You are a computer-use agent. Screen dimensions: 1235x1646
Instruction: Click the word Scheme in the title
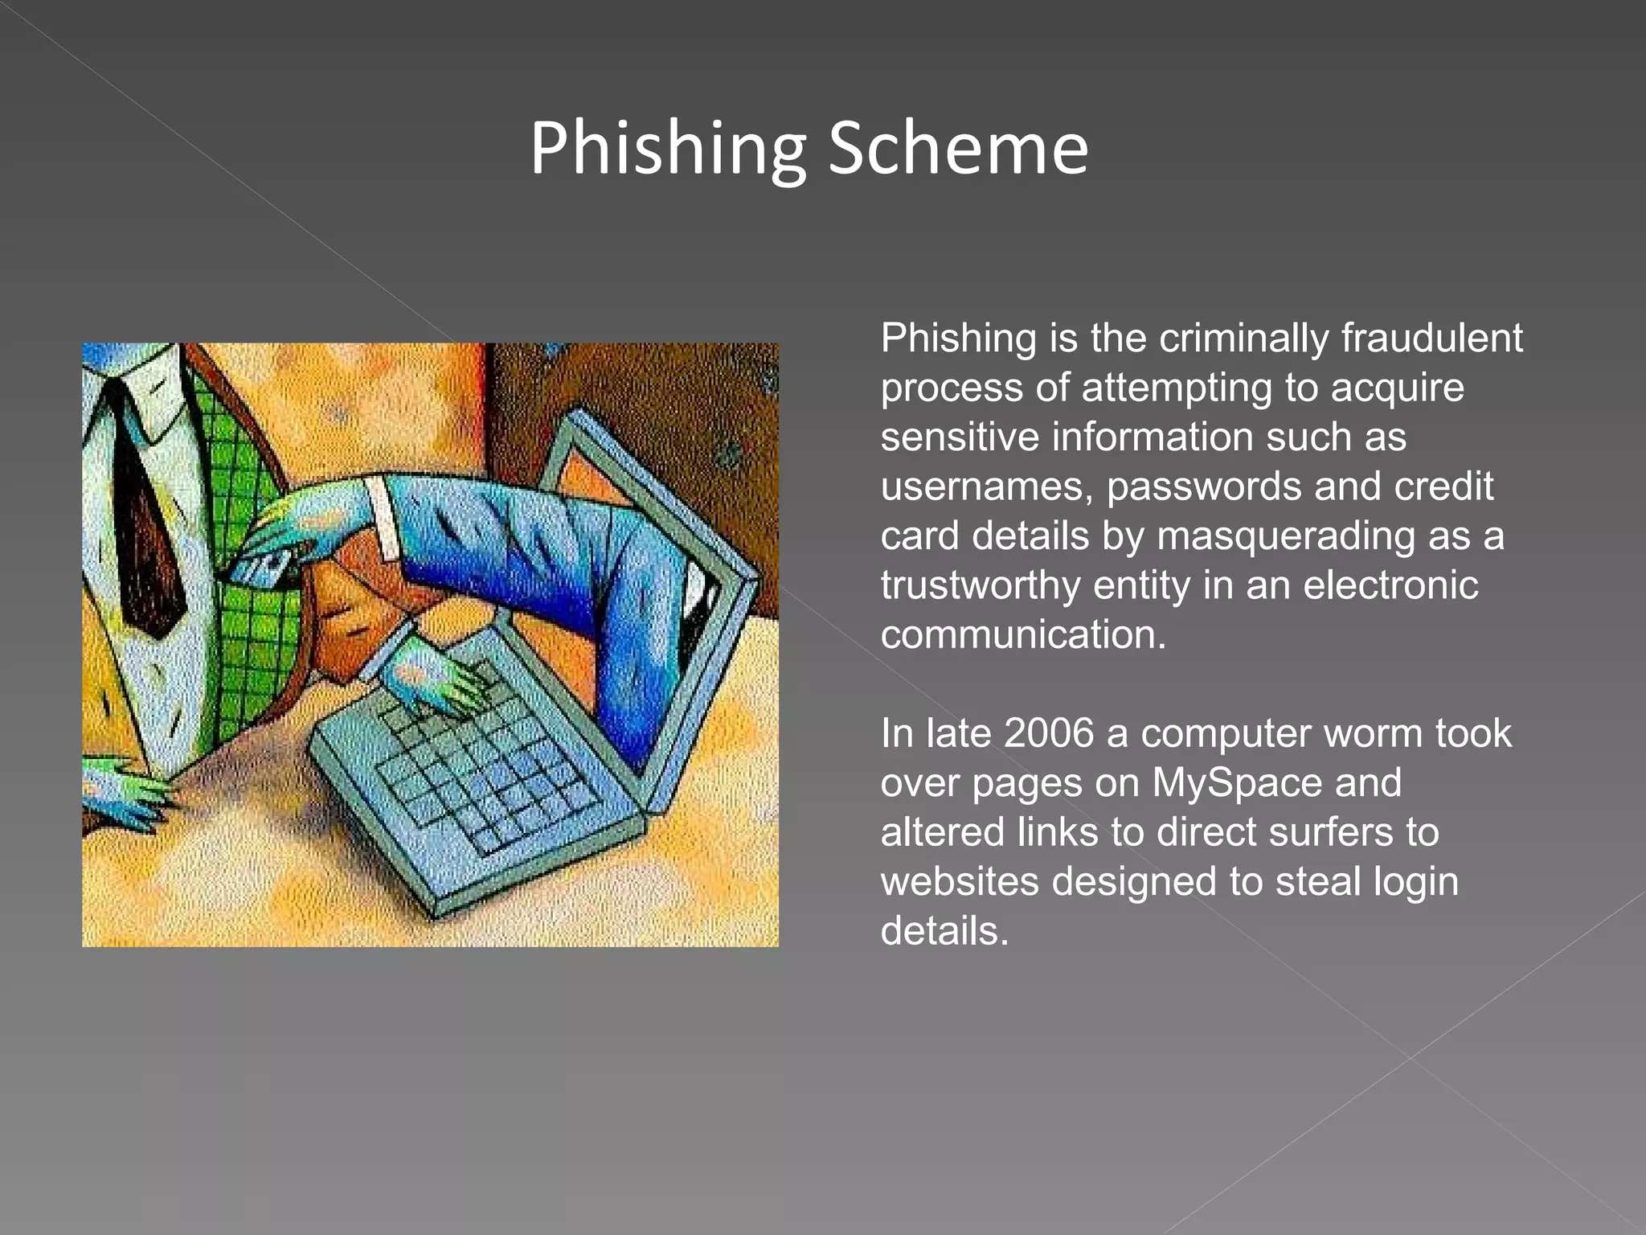coord(958,149)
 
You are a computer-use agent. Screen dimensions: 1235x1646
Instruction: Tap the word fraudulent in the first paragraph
coord(1431,338)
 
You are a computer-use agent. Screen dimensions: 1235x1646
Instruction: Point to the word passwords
coord(1203,487)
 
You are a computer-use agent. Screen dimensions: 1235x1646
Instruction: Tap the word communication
coord(1022,635)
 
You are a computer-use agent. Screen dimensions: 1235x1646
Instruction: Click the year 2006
coord(1049,733)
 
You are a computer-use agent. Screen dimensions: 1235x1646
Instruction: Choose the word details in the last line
coord(944,932)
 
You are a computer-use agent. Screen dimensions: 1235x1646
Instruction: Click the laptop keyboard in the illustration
coord(482,772)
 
